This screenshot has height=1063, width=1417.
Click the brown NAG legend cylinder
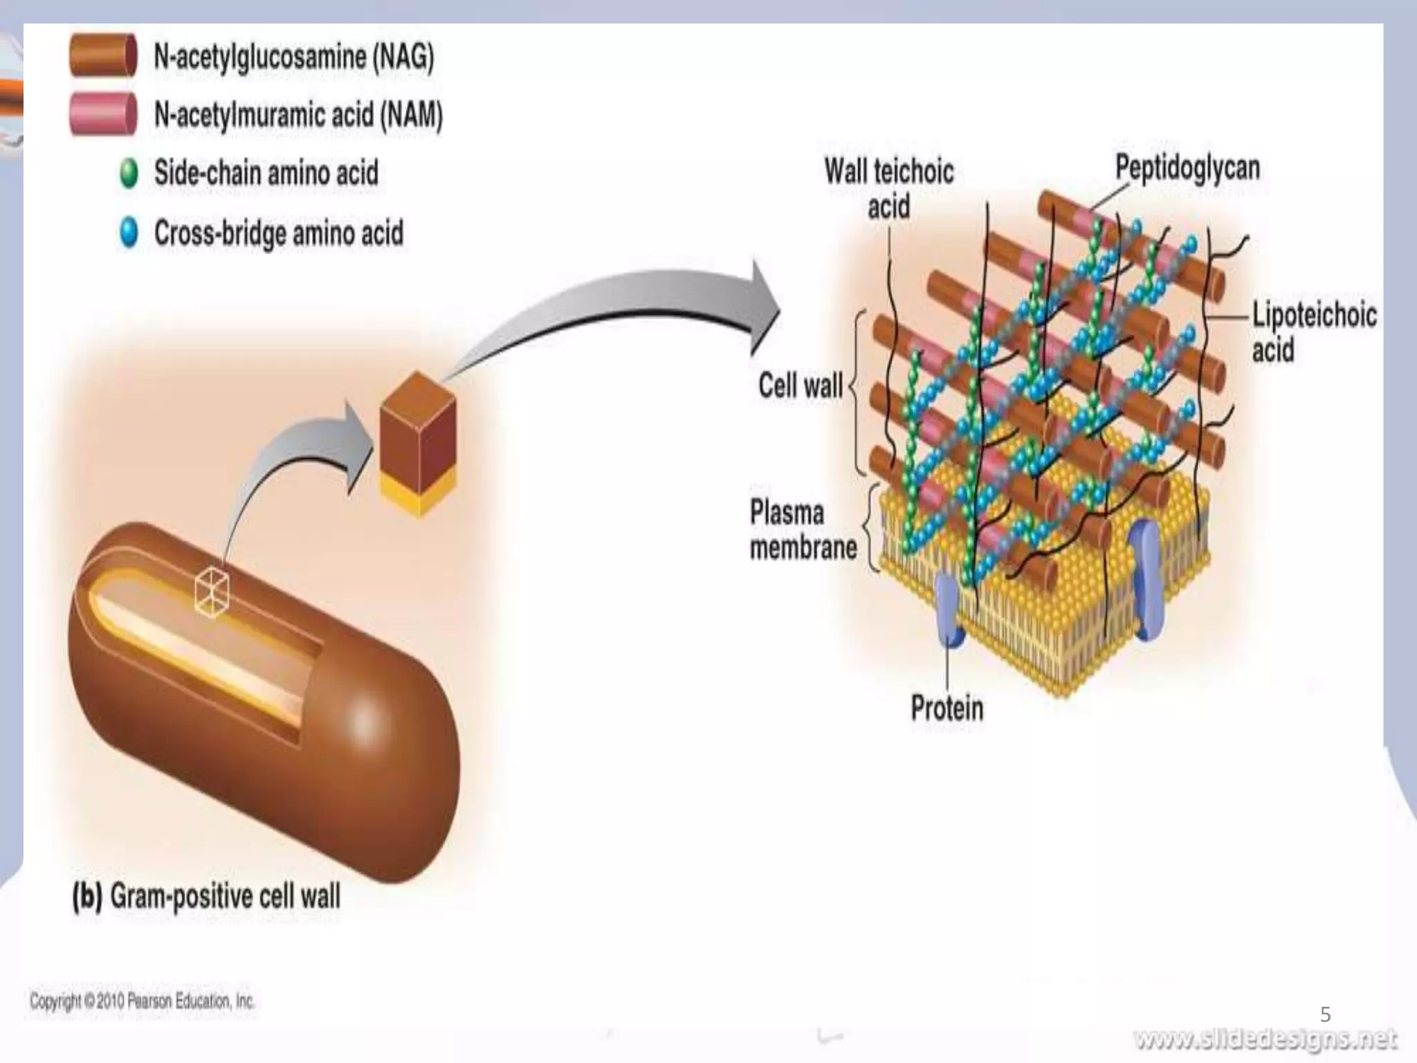tap(102, 55)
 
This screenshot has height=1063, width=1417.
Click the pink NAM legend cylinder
tap(102, 113)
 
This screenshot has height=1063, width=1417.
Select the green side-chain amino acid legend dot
tap(129, 173)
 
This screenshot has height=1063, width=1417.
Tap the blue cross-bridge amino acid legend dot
tap(129, 233)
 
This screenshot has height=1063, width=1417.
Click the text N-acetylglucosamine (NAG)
tap(293, 56)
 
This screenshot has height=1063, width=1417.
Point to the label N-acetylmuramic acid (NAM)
tap(298, 115)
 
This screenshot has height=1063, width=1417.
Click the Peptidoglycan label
tap(1187, 168)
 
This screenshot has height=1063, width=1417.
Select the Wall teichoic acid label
tap(889, 188)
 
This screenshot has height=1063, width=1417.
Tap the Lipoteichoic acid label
tap(1313, 332)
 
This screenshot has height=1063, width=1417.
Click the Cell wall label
tap(801, 385)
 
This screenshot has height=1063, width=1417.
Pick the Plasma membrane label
tap(803, 530)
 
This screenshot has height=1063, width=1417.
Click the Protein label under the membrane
tap(947, 708)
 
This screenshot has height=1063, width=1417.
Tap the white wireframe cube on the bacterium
tap(212, 591)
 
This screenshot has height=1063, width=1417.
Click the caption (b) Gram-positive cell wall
tap(206, 896)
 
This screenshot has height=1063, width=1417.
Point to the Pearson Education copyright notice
tap(142, 1001)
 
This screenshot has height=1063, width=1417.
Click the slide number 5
tap(1325, 1015)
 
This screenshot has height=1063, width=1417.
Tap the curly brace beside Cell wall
tap(857, 391)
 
